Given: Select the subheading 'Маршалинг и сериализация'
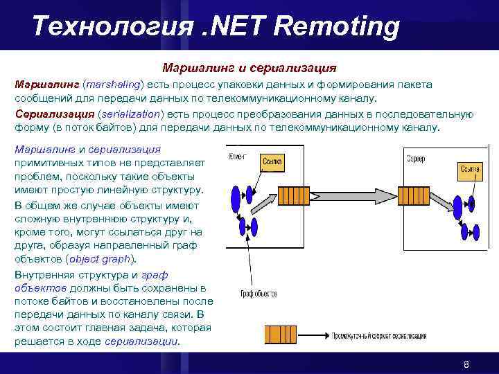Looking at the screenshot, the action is tap(249, 69).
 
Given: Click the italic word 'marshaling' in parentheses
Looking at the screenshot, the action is tap(112, 84).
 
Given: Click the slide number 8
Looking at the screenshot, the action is tap(466, 364).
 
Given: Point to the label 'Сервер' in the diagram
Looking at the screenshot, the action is tap(416, 159).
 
